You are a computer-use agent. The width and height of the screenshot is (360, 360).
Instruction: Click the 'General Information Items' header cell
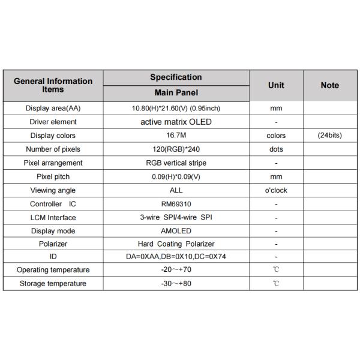tap(53, 85)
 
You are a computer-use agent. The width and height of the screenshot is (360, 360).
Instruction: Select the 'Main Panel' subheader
tap(176, 93)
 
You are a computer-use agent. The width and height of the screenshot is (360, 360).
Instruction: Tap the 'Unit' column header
tap(276, 85)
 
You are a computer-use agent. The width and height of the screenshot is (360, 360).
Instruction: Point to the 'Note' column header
tap(329, 85)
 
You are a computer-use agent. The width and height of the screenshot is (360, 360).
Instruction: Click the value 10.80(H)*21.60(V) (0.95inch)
tap(176, 109)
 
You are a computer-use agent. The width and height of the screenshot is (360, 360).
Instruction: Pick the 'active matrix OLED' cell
tap(176, 122)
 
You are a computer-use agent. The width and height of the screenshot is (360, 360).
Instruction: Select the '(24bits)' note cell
tap(329, 136)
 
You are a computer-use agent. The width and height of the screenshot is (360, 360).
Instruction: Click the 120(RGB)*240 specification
tap(176, 149)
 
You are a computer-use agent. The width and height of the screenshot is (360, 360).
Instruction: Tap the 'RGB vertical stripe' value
tap(176, 163)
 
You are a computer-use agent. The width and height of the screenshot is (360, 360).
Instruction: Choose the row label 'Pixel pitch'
tap(53, 176)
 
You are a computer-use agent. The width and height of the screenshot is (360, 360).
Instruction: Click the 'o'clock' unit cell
tap(276, 190)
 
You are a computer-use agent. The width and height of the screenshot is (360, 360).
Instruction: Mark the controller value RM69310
tap(176, 204)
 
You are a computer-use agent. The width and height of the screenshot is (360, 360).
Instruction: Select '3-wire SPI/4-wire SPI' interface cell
tap(176, 217)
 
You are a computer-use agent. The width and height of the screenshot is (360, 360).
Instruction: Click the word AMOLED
tap(176, 231)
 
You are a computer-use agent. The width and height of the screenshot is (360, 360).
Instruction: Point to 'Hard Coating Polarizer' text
tap(176, 244)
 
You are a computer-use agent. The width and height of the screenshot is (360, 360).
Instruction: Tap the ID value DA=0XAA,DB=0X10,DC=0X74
tap(176, 257)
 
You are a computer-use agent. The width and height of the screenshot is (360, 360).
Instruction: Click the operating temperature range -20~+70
tap(176, 270)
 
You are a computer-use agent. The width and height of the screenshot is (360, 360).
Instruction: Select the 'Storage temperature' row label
tap(53, 283)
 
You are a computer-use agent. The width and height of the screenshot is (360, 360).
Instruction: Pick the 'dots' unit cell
tap(276, 149)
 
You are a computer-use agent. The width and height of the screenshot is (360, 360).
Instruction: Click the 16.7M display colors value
tap(176, 136)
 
